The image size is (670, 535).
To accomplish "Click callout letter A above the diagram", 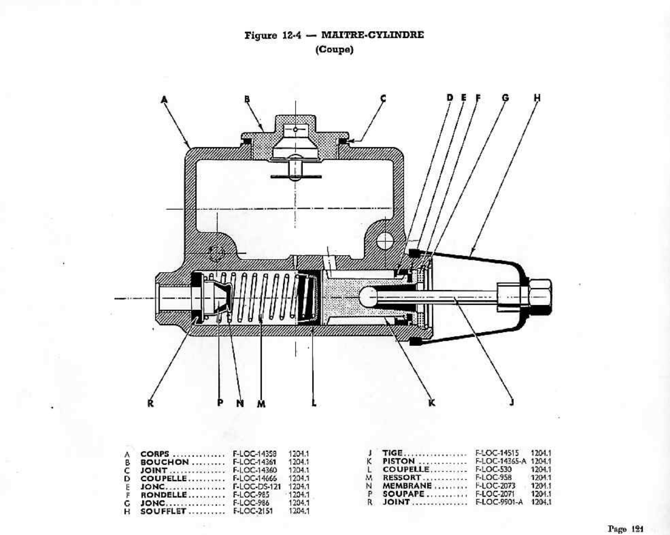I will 164,99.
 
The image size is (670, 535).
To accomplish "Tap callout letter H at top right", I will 537,98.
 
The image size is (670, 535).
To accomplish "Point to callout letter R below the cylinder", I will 150,403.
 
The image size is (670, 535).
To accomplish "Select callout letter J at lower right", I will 512,402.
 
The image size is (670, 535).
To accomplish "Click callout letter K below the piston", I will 431,403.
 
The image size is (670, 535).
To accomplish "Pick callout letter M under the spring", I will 261,404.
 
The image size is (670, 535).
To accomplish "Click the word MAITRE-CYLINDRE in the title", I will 372,35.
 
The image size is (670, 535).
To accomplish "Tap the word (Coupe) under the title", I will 334,50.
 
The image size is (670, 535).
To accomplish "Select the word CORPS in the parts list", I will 154,454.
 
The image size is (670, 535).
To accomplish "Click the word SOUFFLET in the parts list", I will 163,511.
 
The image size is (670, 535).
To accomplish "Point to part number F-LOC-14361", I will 254,462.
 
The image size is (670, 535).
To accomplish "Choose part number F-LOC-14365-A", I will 500,461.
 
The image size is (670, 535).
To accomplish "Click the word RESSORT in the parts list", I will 402,477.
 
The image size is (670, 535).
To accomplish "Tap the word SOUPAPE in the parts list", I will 403,494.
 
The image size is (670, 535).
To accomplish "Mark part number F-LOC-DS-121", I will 257,487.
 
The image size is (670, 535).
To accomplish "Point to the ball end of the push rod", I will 368,297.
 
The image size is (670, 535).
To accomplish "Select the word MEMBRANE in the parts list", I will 407,485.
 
